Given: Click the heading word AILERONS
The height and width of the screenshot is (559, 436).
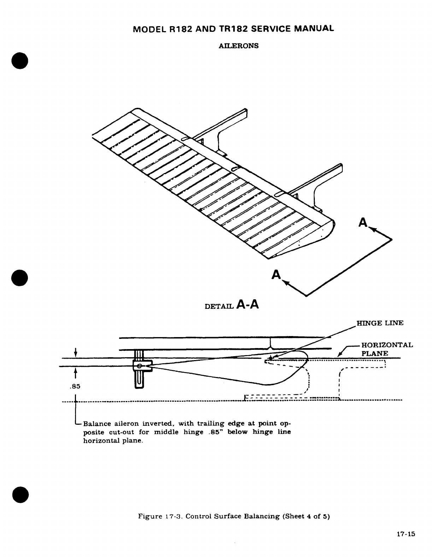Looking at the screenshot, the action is click(x=239, y=46).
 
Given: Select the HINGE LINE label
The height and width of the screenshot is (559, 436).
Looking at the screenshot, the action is click(x=380, y=323).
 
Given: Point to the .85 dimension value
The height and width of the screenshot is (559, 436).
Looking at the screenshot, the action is click(x=75, y=387).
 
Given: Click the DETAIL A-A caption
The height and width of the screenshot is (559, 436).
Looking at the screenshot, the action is click(x=232, y=305).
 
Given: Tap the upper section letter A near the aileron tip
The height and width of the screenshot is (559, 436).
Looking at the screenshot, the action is click(x=363, y=223).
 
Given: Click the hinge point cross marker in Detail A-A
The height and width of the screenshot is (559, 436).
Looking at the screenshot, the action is click(x=270, y=358).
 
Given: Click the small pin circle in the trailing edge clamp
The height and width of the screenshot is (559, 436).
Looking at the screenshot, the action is click(x=140, y=366).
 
